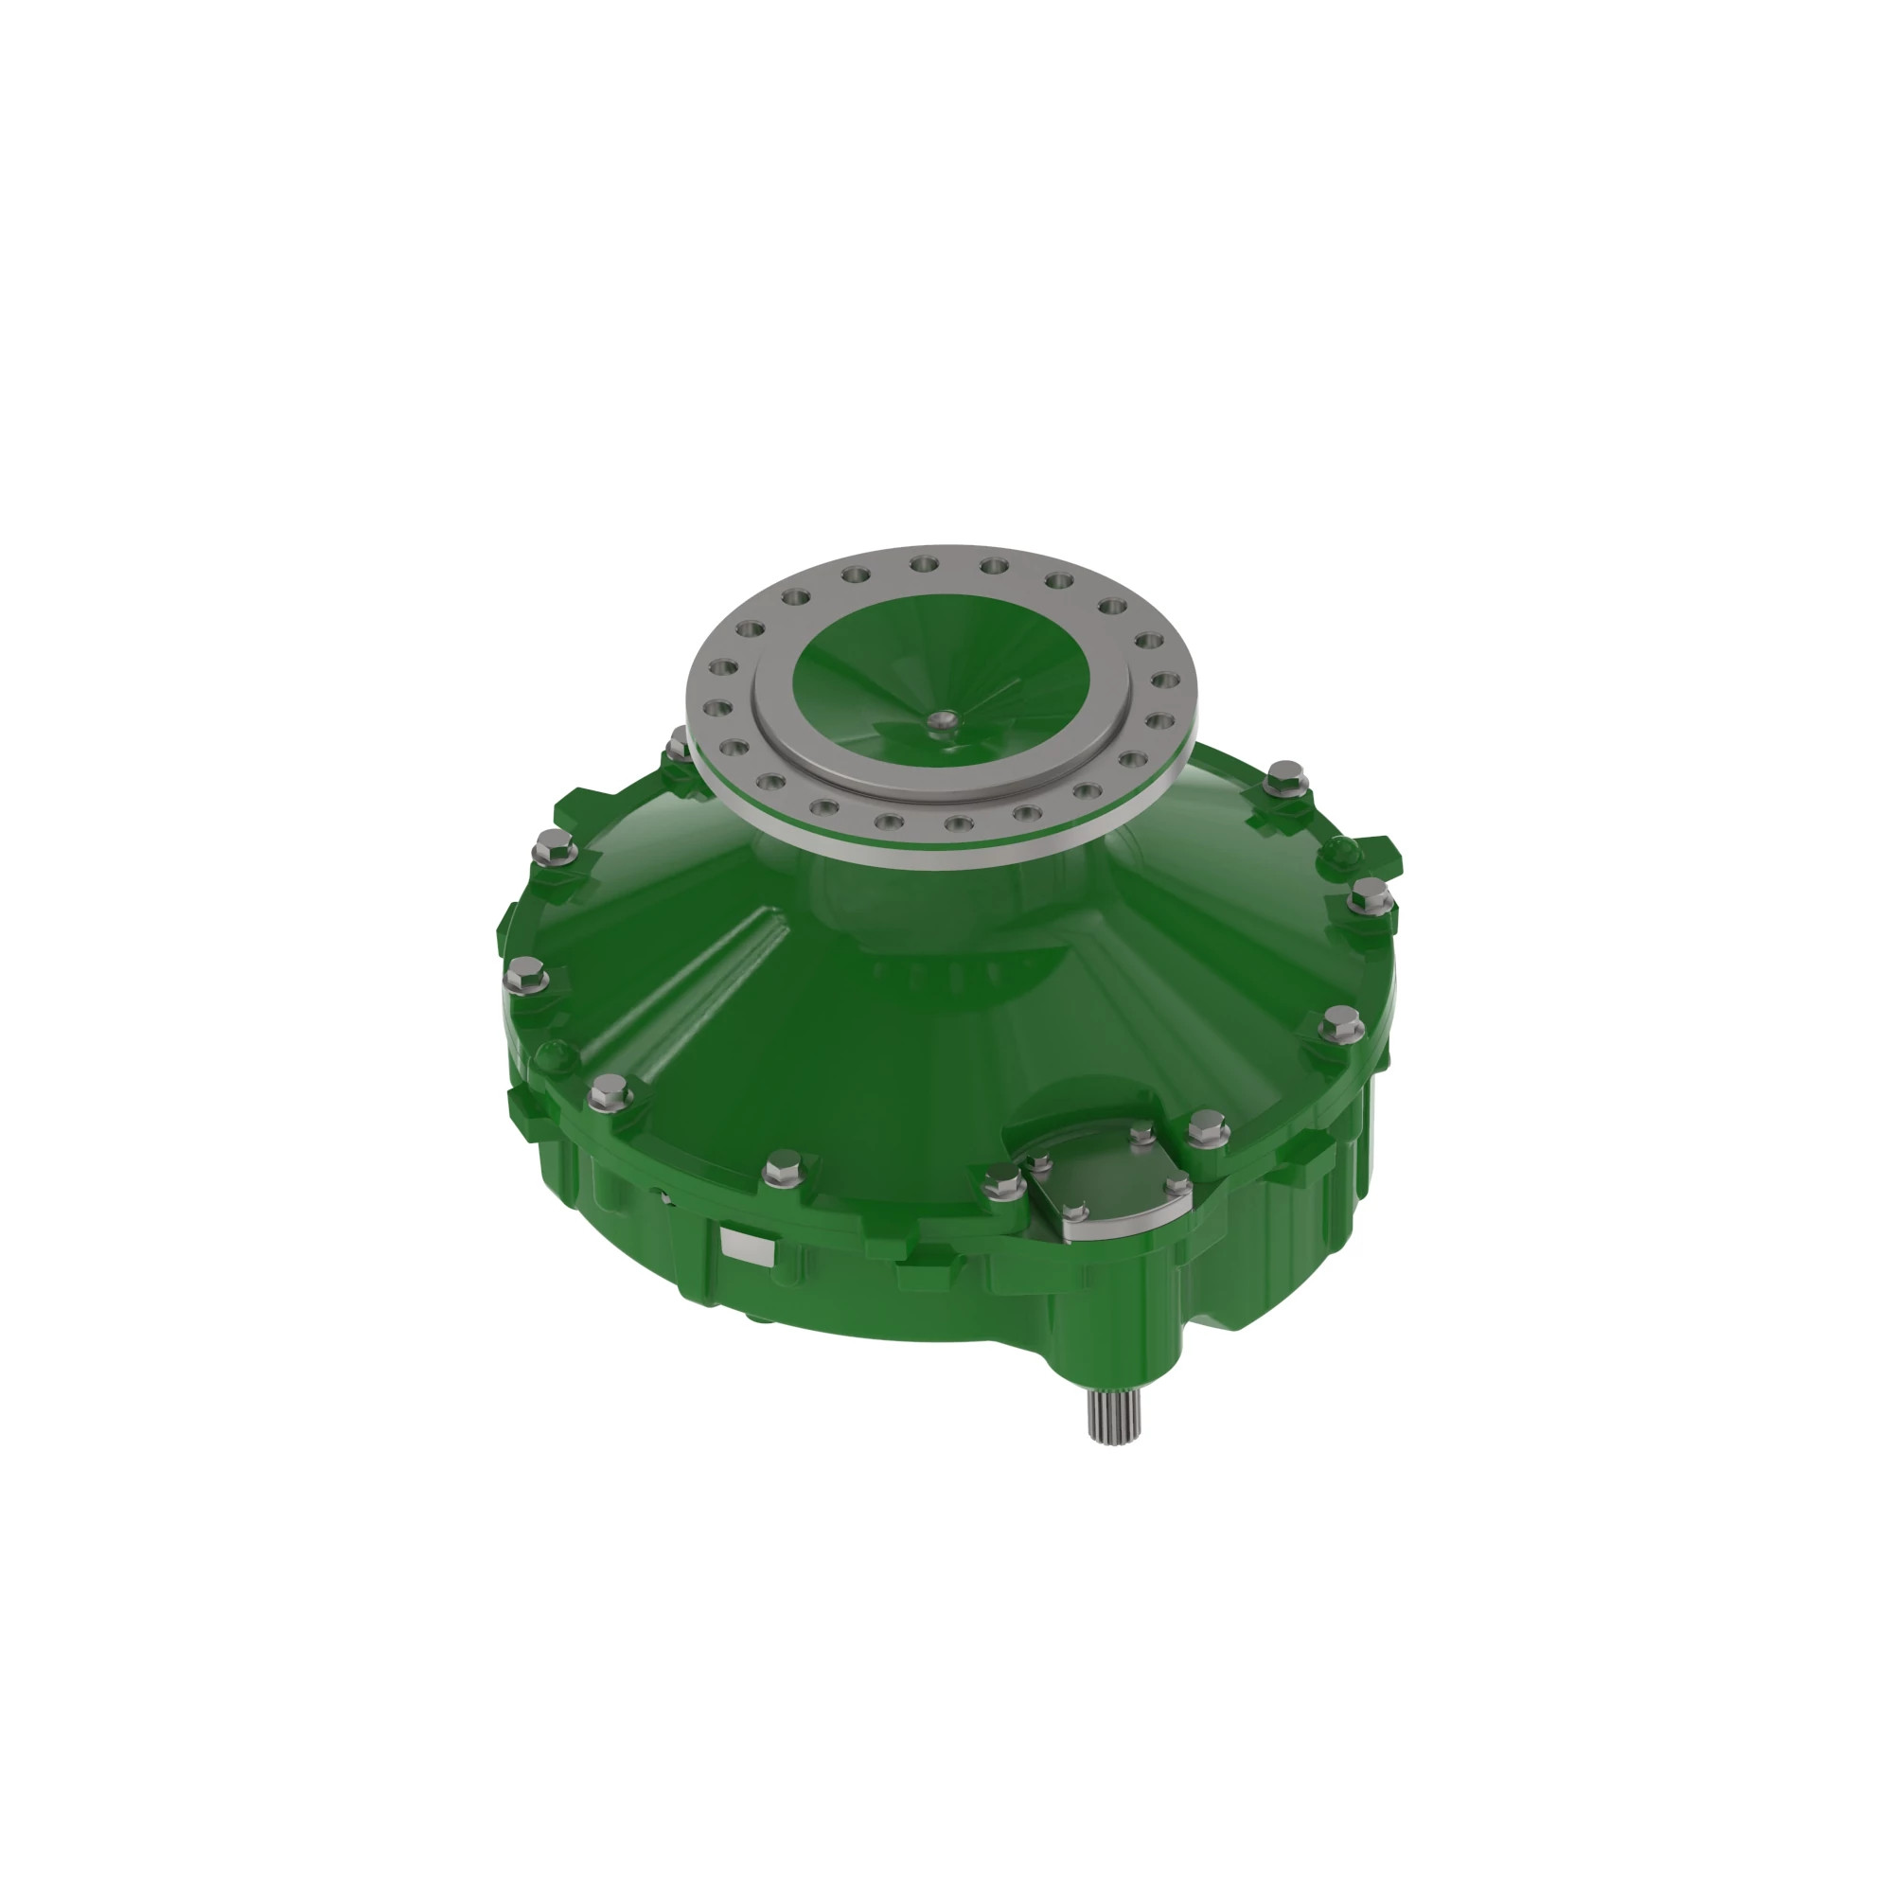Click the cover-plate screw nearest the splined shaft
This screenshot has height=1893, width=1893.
(1075, 1213)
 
